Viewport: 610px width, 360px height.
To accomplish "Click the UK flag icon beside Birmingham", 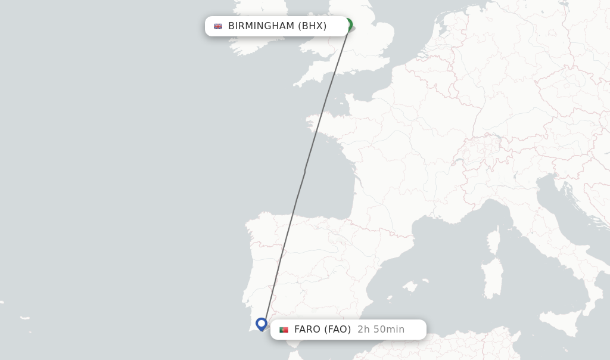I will click(x=218, y=26).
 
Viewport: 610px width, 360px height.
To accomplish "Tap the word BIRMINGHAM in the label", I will click(x=261, y=26).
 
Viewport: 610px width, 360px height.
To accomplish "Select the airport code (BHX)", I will click(x=312, y=26).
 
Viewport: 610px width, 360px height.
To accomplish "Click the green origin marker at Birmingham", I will click(x=348, y=24).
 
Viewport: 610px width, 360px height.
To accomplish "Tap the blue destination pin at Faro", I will click(x=261, y=324).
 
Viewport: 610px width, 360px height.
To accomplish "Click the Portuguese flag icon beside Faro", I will click(x=284, y=330).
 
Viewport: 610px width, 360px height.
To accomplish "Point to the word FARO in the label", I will click(x=307, y=329).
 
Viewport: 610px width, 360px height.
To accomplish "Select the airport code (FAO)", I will click(x=337, y=329).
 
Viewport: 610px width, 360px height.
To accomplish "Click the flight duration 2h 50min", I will click(x=381, y=329).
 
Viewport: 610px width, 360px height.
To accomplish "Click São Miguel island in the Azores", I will click(x=24, y=318).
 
